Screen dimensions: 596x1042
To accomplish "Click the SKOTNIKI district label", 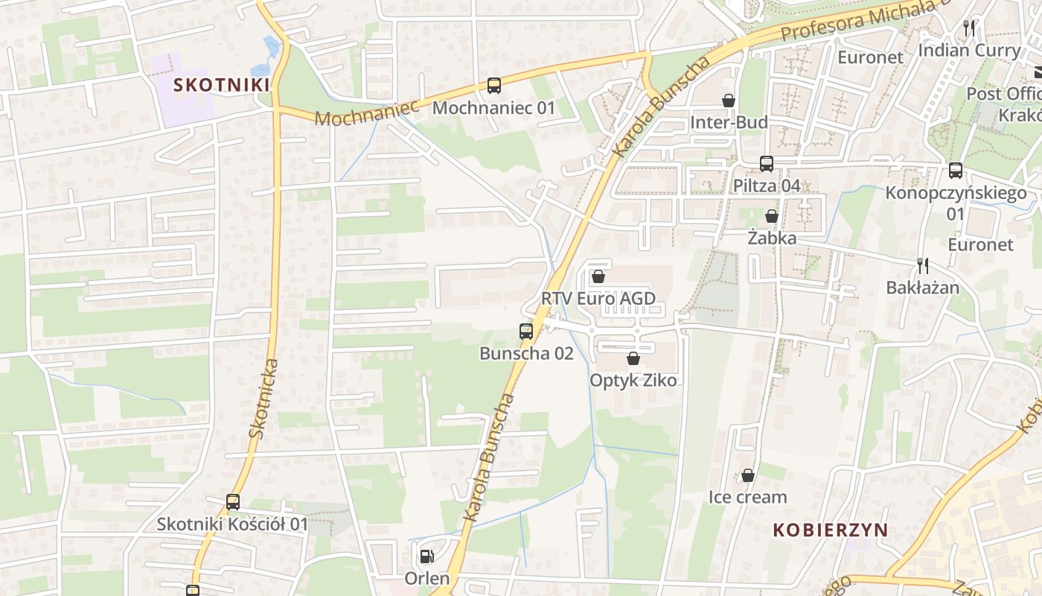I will (221, 84).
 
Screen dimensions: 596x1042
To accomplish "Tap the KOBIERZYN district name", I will (830, 530).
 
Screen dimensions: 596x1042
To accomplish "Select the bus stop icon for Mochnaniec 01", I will (494, 86).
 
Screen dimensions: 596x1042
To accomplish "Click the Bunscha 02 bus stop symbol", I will (526, 332).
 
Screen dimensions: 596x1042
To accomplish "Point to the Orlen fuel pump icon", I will (426, 556).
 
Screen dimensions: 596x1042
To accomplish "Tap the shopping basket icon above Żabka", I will (772, 216).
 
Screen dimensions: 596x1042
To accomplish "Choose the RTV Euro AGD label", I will (598, 299).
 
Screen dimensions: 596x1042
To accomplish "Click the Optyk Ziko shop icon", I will (633, 358).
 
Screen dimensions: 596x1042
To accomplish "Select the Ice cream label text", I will (747, 497).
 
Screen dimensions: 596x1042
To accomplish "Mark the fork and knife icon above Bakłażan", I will (923, 265).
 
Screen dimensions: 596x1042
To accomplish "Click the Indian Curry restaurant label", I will (969, 51).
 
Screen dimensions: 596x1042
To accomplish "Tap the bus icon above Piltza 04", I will (767, 164).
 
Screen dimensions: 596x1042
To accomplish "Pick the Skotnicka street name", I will (264, 398).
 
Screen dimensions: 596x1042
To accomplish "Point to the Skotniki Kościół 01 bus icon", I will (233, 502).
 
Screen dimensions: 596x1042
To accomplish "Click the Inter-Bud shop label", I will (729, 122).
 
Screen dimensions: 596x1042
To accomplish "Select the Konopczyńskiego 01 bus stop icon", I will (956, 171).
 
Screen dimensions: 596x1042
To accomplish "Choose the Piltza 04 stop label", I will (767, 186).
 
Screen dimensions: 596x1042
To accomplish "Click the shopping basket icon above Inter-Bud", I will (729, 101).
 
